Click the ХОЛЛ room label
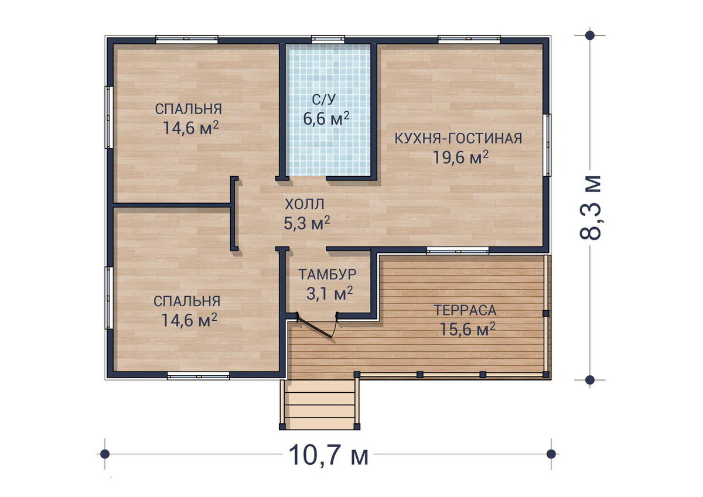305,204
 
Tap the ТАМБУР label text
327,275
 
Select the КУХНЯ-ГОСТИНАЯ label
458,139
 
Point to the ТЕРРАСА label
465,310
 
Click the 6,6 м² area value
326,118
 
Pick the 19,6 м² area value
460,157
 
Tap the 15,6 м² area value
467,329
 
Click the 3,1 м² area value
329,293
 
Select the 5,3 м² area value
306,223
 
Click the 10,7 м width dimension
328,455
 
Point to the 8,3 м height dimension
591,208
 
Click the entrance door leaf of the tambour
315,327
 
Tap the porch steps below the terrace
319,405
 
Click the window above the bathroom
328,39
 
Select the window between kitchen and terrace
458,250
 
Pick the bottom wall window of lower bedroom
199,376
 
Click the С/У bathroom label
324,100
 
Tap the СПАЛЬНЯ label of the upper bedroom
188,109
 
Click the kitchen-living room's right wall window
547,145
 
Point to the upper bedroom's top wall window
187,39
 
